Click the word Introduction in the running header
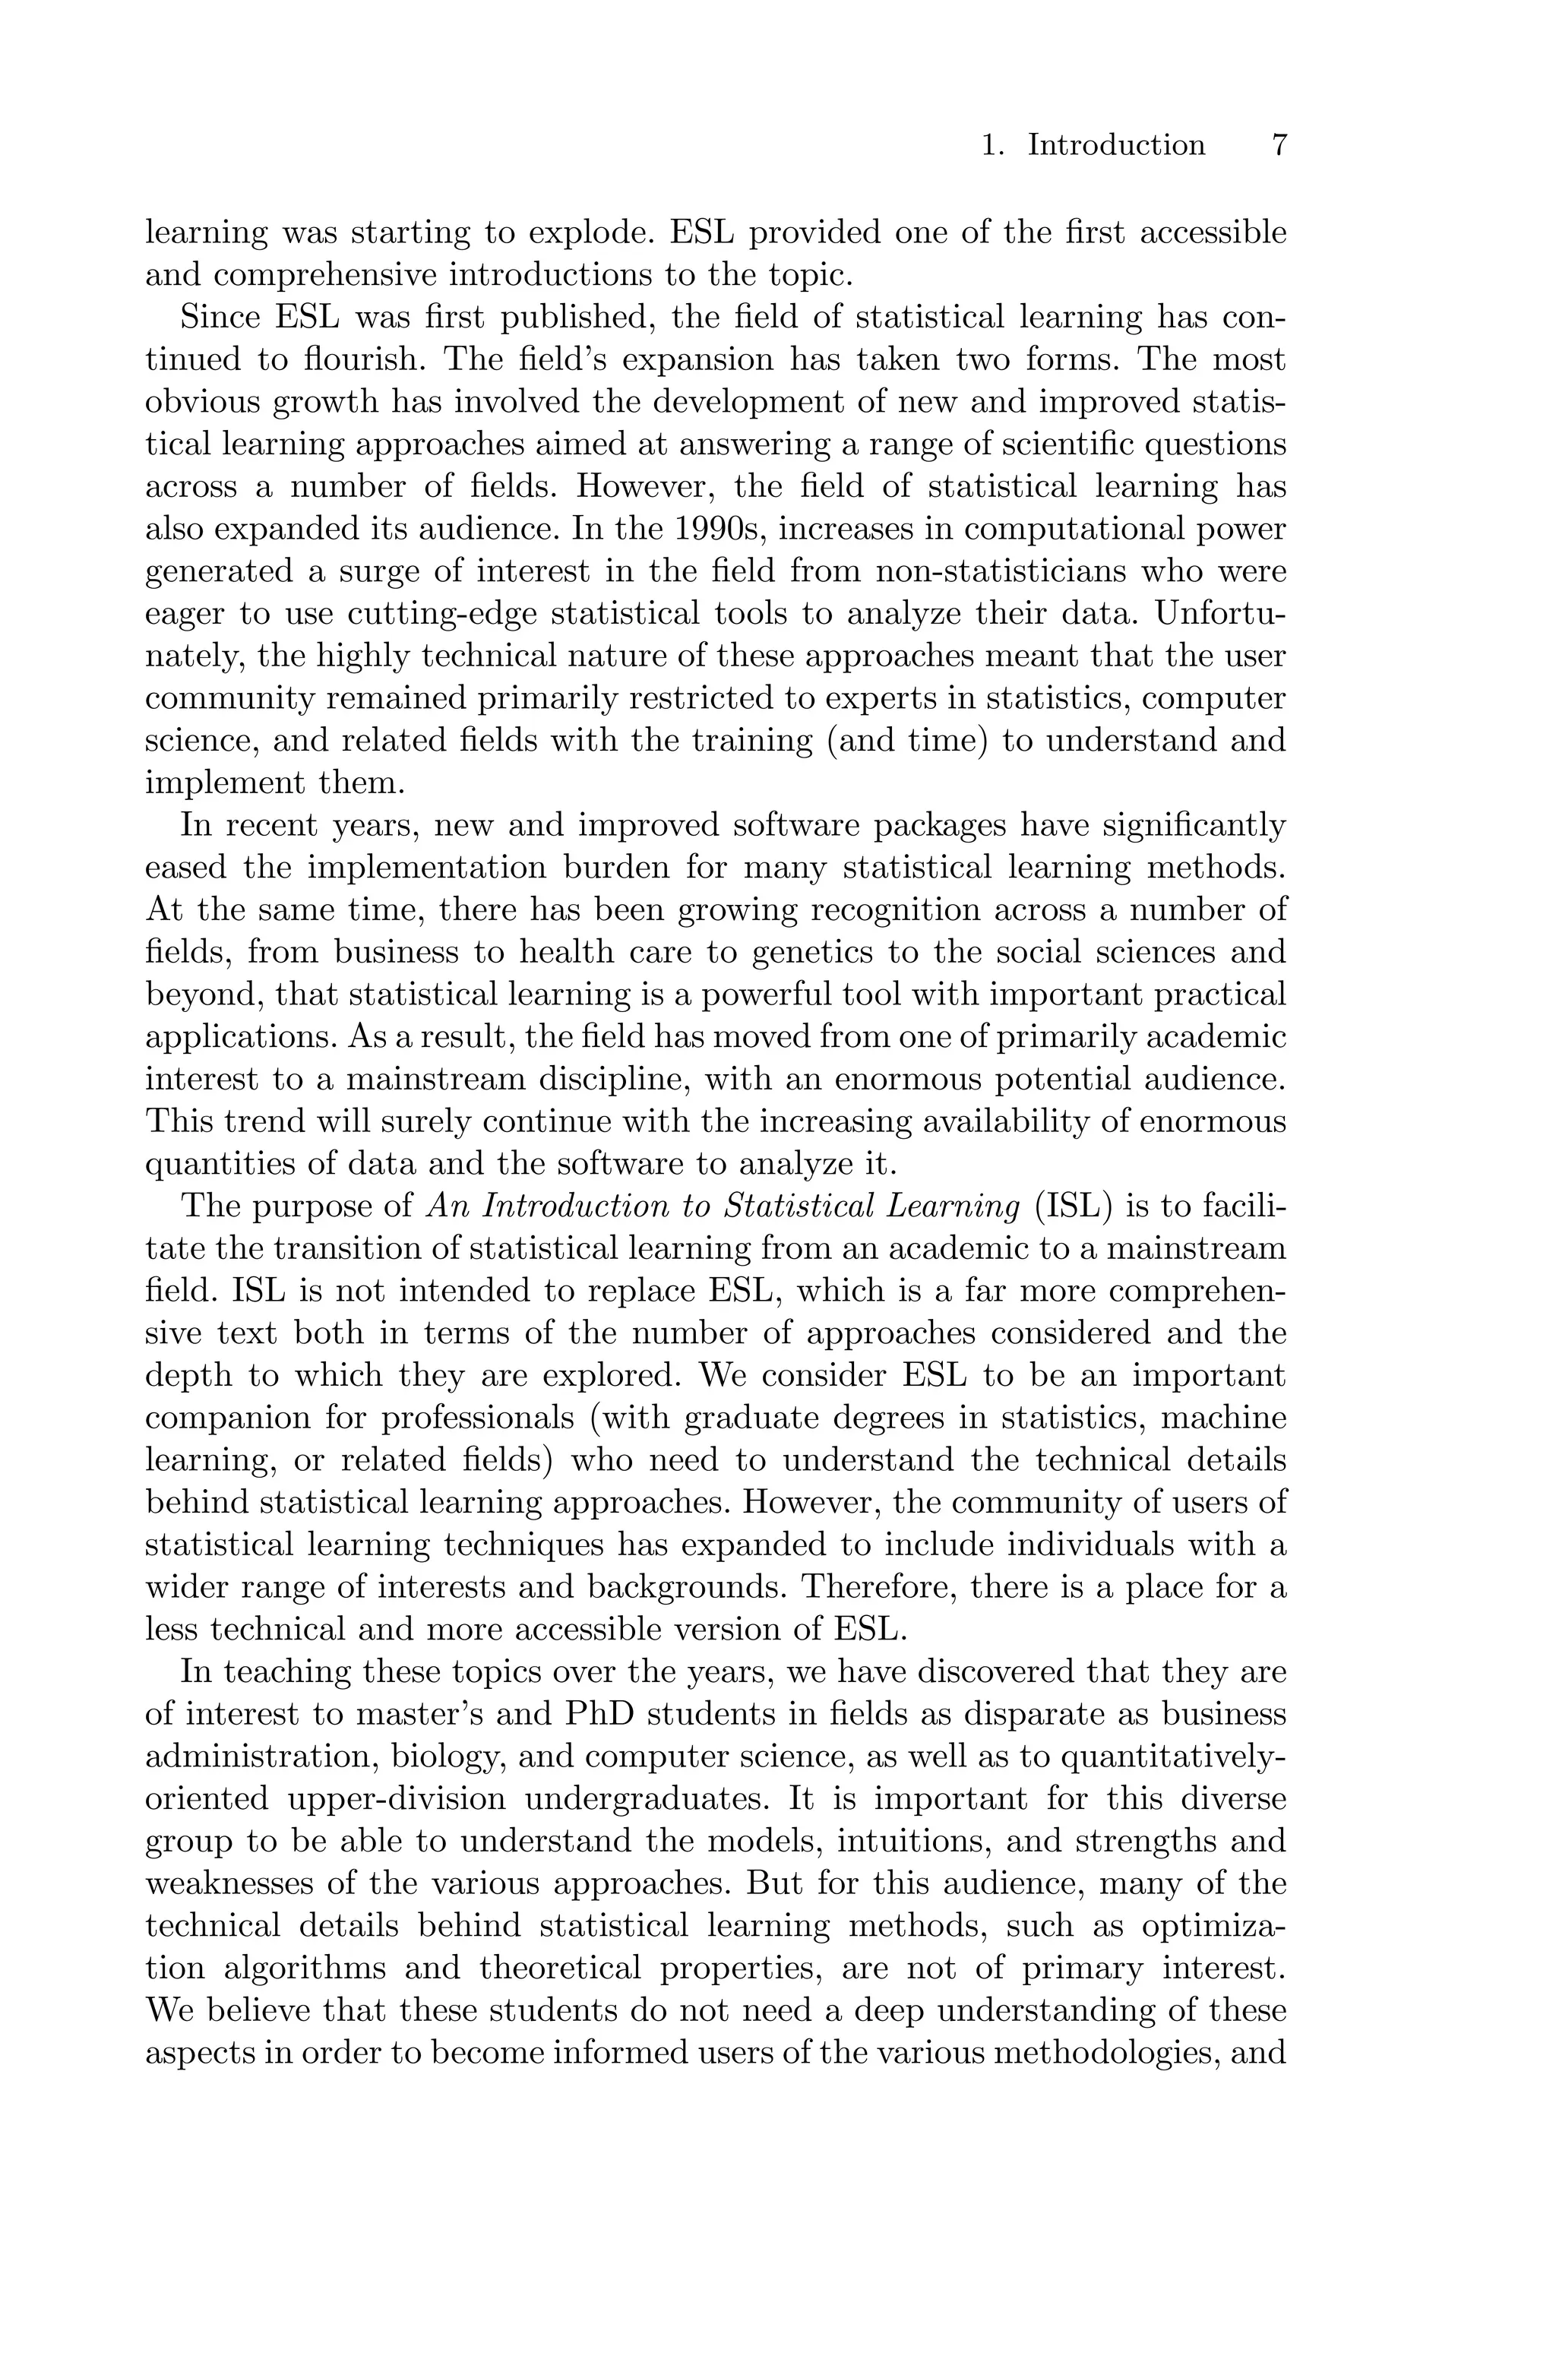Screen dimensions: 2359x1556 coord(1115,146)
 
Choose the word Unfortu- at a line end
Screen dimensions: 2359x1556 coord(1221,614)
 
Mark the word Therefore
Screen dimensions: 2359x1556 coord(879,1588)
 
